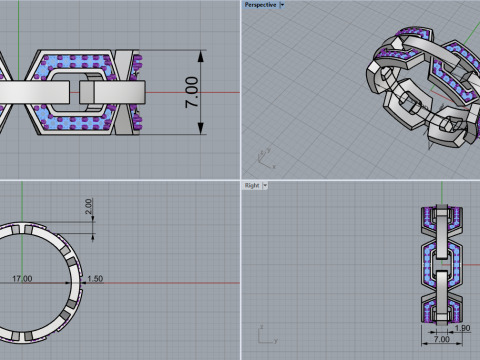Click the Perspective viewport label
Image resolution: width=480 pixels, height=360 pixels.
(260, 5)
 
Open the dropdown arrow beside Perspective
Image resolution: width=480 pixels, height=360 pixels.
(282, 5)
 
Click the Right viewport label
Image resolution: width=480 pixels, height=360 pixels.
(252, 185)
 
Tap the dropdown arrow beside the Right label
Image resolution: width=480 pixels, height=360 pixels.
(265, 185)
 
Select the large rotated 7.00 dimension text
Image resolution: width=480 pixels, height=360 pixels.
(192, 92)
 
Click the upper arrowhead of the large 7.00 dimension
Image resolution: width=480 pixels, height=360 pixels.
(200, 56)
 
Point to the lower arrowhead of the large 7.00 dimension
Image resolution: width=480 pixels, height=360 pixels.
(200, 128)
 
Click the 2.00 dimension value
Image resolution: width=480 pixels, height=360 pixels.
(88, 206)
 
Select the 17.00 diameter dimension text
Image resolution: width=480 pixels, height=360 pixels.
(22, 278)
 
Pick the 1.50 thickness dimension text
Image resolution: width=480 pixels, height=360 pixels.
(95, 278)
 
